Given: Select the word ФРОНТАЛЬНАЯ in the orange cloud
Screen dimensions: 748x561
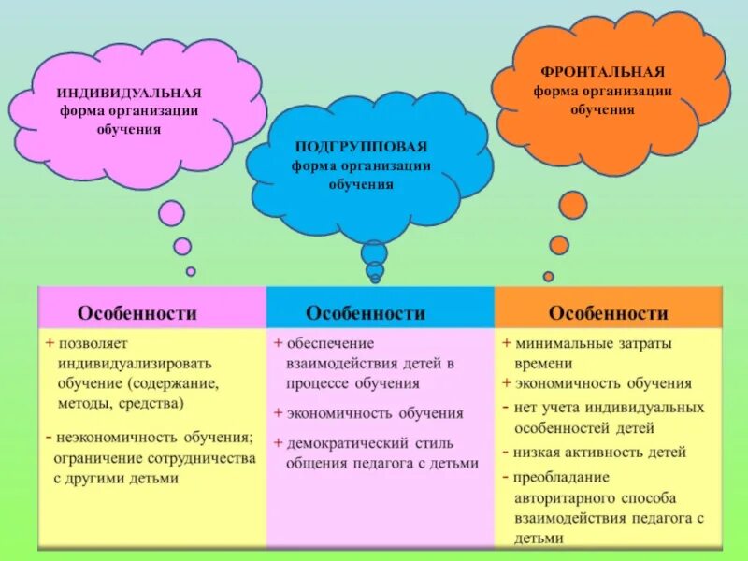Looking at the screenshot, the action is [x=602, y=72].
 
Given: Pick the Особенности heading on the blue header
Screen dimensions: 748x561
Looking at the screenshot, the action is [x=366, y=312].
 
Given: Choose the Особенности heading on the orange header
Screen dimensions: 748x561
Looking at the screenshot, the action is [x=609, y=312].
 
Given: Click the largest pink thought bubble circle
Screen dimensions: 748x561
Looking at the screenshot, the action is [x=171, y=213].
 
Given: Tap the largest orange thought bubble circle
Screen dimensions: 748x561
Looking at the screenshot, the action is [x=573, y=206].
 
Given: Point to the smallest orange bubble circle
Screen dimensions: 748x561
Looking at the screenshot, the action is [x=548, y=276].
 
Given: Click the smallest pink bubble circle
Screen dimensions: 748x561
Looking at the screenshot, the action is [x=191, y=271].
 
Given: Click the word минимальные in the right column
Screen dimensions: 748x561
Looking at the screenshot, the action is [x=562, y=343].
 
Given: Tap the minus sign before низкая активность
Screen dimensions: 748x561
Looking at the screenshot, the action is [x=505, y=453].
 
